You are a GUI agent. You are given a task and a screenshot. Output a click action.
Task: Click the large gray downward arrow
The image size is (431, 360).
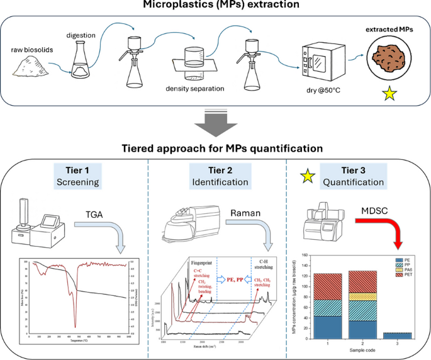215,125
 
